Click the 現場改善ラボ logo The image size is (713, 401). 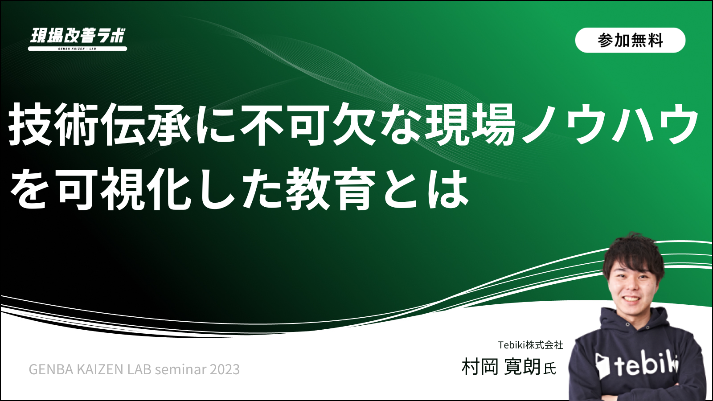78,39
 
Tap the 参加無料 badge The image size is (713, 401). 630,40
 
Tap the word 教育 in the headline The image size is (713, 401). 332,190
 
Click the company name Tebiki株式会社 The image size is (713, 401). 531,345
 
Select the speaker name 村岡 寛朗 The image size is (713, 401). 501,367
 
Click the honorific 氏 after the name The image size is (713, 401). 550,369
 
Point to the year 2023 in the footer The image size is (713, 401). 225,369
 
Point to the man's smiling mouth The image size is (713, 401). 631,299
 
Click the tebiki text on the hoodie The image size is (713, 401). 646,365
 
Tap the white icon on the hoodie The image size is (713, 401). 602,366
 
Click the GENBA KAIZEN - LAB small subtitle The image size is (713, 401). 77,49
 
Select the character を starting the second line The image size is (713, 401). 28,190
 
